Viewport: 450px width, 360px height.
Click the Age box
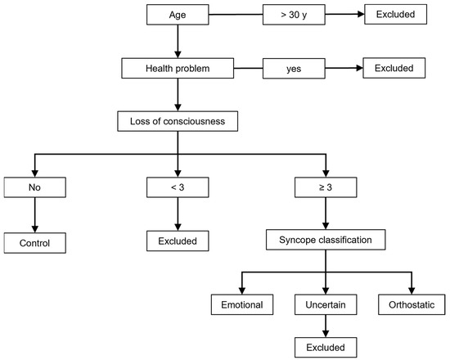[x=177, y=15]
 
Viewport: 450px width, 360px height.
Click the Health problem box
[x=177, y=68]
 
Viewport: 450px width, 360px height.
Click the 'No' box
[x=34, y=189]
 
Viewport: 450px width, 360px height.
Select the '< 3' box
[x=177, y=189]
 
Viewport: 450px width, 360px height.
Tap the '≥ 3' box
[x=326, y=189]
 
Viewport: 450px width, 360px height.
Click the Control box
[x=34, y=242]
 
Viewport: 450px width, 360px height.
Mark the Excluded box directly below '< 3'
[x=177, y=242]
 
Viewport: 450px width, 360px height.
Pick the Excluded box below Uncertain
[x=326, y=347]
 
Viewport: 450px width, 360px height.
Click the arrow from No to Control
[x=34, y=216]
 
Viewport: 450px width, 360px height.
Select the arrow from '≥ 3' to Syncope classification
[x=326, y=216]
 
